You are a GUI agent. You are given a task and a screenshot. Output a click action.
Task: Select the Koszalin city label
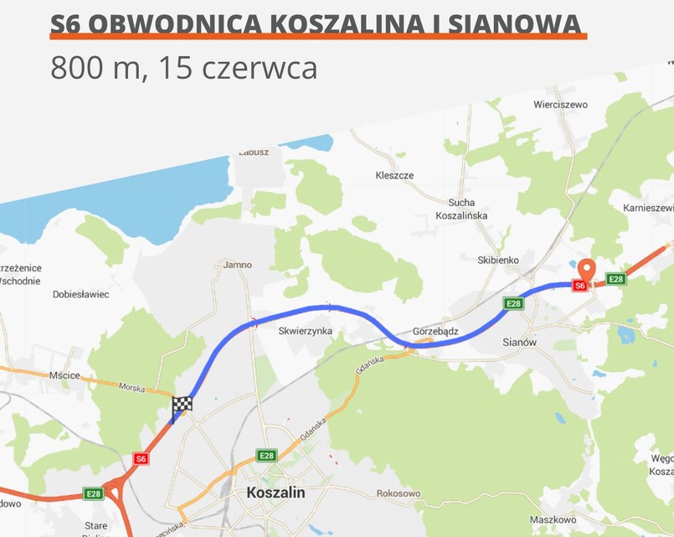coord(276,493)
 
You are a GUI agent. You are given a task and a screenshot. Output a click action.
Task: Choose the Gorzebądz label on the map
coord(435,331)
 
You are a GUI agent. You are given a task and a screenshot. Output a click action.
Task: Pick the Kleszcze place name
coord(394,176)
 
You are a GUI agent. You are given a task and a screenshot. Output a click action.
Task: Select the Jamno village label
coord(238,265)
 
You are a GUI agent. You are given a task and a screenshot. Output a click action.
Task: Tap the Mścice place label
coord(64,375)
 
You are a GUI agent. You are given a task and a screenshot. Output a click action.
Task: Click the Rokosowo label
coord(399,494)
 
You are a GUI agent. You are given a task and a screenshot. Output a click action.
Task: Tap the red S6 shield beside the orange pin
coord(579,286)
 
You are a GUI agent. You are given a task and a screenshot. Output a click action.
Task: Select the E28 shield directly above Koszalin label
coord(266,456)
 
